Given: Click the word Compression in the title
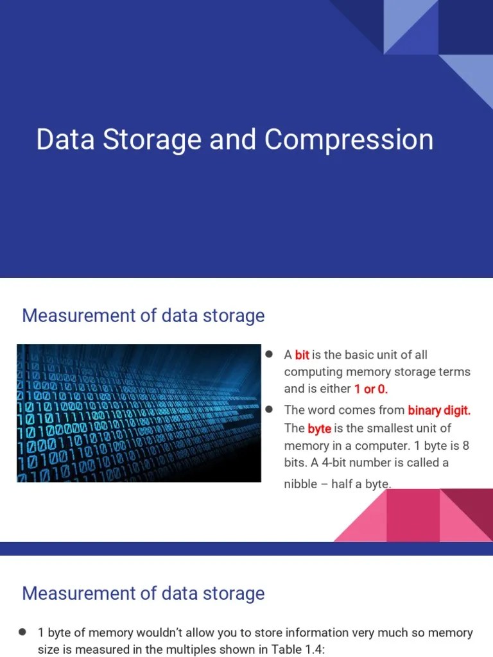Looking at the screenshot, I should [349, 140].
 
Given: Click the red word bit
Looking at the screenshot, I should [302, 355].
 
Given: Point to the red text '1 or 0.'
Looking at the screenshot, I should [371, 389].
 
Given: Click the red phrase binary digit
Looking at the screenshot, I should [439, 410].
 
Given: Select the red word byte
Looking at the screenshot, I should [319, 428].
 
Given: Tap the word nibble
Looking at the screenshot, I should [300, 484].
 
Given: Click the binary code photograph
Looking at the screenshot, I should [139, 413].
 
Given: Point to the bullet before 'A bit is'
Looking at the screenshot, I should [270, 354].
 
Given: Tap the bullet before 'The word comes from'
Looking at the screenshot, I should [270, 409].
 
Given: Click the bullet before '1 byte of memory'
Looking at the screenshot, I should [22, 632].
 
